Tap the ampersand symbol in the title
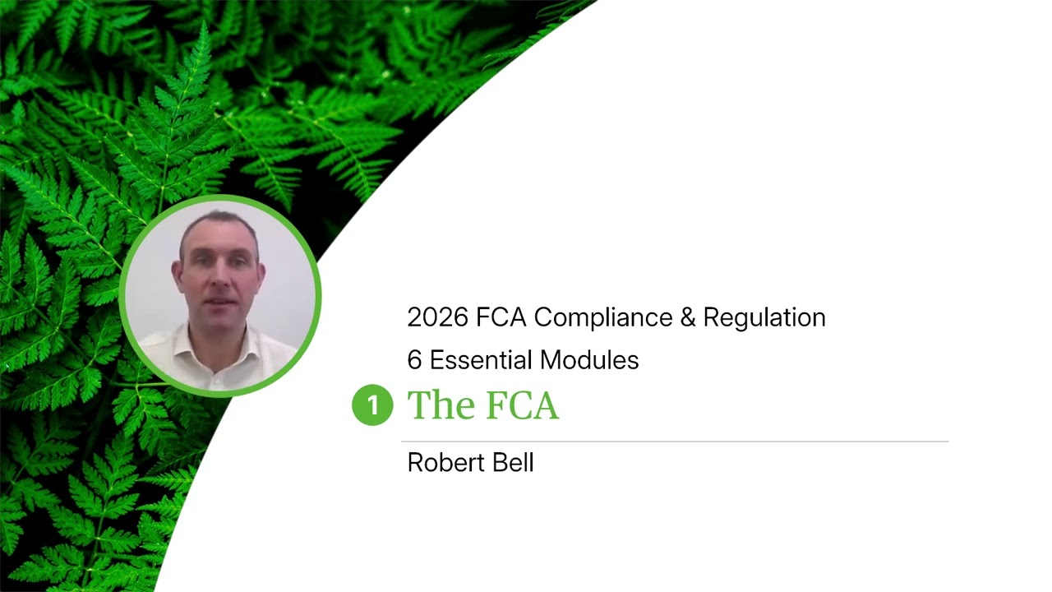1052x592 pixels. pos(687,317)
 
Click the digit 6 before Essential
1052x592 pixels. pos(414,360)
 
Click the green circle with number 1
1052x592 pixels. pos(372,405)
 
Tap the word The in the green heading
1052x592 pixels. pos(437,405)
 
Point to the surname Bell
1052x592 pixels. pos(514,463)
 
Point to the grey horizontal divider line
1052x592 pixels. pos(674,442)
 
